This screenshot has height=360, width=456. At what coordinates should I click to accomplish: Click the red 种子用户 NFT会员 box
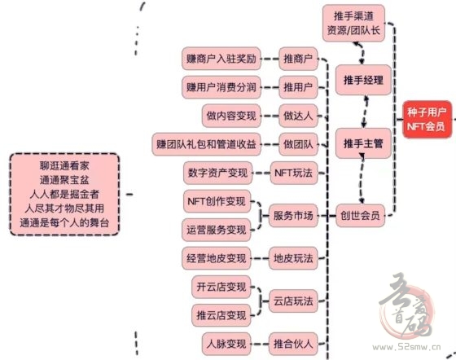(x=427, y=119)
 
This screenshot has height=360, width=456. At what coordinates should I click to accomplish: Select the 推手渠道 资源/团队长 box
(x=353, y=23)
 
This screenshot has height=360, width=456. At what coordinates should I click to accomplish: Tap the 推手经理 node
(x=363, y=80)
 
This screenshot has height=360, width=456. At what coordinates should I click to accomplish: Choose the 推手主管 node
(x=363, y=143)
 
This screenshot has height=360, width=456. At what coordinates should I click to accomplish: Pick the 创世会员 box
(x=360, y=216)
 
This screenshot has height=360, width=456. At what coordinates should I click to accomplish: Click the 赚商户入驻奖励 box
(x=221, y=59)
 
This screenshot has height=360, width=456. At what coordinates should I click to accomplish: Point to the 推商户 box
(x=298, y=59)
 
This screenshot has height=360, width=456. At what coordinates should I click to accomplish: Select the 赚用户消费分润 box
(x=221, y=87)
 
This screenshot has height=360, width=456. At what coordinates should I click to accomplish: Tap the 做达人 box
(x=298, y=116)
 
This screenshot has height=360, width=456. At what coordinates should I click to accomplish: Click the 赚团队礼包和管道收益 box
(x=207, y=144)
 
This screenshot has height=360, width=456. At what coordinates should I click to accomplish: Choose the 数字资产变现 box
(x=218, y=173)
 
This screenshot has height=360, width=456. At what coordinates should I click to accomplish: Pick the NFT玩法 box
(x=294, y=173)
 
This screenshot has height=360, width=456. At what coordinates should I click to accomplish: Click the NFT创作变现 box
(x=217, y=201)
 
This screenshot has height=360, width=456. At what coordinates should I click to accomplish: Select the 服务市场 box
(x=293, y=216)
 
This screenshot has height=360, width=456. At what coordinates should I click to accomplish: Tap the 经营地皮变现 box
(x=217, y=258)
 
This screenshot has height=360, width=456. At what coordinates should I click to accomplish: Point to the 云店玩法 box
(x=293, y=301)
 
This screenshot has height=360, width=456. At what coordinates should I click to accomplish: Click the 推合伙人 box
(x=293, y=344)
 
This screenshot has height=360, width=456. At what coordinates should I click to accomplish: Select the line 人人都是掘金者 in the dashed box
(x=64, y=194)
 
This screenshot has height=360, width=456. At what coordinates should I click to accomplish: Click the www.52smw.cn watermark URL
(x=406, y=347)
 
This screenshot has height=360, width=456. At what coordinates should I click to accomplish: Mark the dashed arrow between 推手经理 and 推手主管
(x=365, y=112)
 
